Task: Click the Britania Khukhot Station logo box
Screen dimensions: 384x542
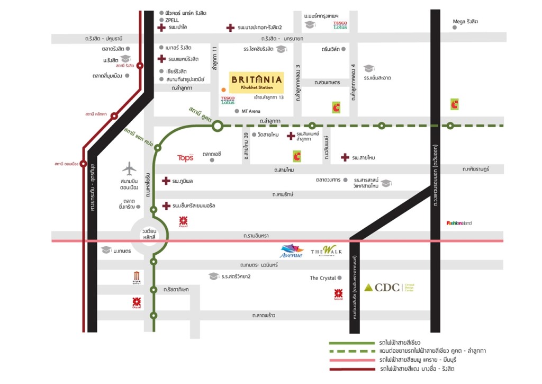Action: pyautogui.click(x=256, y=82)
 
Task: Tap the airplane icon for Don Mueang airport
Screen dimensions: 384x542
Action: pyautogui.click(x=129, y=168)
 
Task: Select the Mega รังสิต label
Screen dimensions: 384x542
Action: pyautogui.click(x=465, y=22)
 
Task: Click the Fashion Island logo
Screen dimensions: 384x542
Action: pyautogui.click(x=459, y=223)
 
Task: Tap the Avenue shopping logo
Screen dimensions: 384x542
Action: pyautogui.click(x=292, y=251)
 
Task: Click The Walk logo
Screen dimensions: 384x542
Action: pyautogui.click(x=326, y=250)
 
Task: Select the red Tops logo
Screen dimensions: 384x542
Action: pyautogui.click(x=185, y=158)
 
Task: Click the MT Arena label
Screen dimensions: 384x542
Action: pyautogui.click(x=251, y=111)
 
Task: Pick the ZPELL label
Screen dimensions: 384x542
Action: pyautogui.click(x=172, y=20)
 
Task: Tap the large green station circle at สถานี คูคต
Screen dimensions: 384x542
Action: pyautogui.click(x=217, y=126)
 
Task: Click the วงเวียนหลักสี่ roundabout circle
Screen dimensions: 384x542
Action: pyautogui.click(x=148, y=234)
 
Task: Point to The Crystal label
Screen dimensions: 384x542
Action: pyautogui.click(x=323, y=278)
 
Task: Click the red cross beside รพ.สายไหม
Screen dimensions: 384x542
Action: pyautogui.click(x=345, y=157)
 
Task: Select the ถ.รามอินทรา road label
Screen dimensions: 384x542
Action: pyautogui.click(x=257, y=235)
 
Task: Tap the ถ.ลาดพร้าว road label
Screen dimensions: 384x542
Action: pyautogui.click(x=263, y=316)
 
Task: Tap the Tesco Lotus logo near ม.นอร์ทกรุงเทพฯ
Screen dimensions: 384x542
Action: pyautogui.click(x=340, y=25)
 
